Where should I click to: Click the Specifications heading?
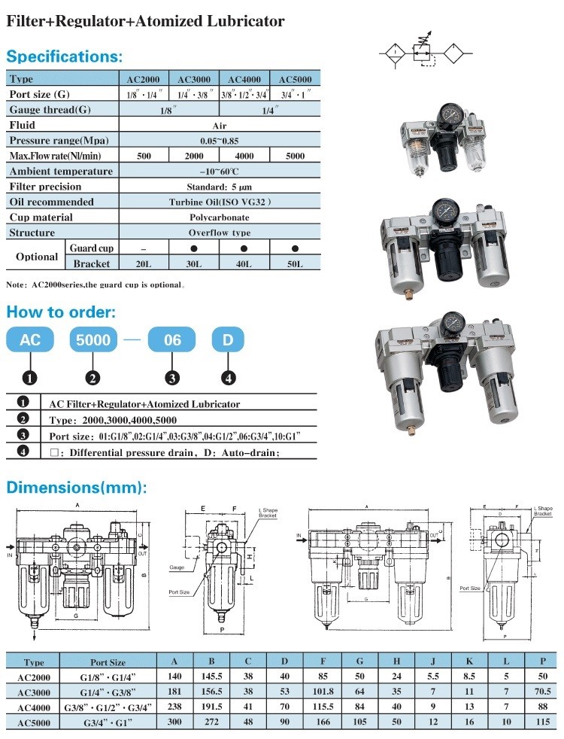(64, 56)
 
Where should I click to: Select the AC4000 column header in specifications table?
(243, 79)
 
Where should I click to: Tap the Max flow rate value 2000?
(193, 156)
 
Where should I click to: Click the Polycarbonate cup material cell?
(219, 217)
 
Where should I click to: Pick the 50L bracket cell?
(295, 263)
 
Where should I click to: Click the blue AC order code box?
(30, 340)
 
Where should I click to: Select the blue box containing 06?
(173, 340)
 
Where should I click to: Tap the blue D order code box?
(228, 340)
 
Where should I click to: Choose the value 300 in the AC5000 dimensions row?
(174, 721)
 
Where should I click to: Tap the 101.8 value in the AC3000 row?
(322, 692)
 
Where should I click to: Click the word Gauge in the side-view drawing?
(177, 567)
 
